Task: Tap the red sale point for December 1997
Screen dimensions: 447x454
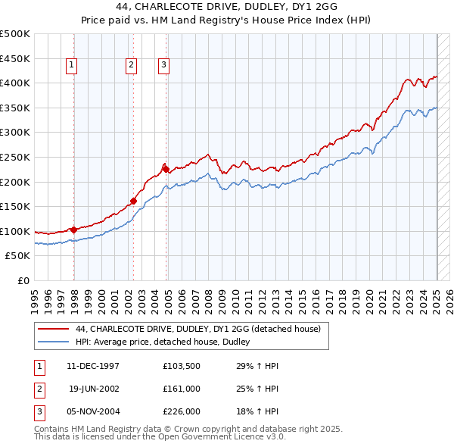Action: tap(74, 229)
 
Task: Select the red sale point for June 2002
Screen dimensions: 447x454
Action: tap(134, 201)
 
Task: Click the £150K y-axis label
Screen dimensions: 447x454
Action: tap(16, 206)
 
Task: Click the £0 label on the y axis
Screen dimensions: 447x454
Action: tap(23, 280)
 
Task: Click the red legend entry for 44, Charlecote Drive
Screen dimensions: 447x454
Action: tap(199, 329)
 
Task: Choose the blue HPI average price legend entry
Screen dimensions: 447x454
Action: tap(167, 342)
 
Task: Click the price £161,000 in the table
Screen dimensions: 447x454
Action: tap(181, 389)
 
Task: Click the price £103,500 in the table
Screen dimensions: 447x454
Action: tap(181, 366)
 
